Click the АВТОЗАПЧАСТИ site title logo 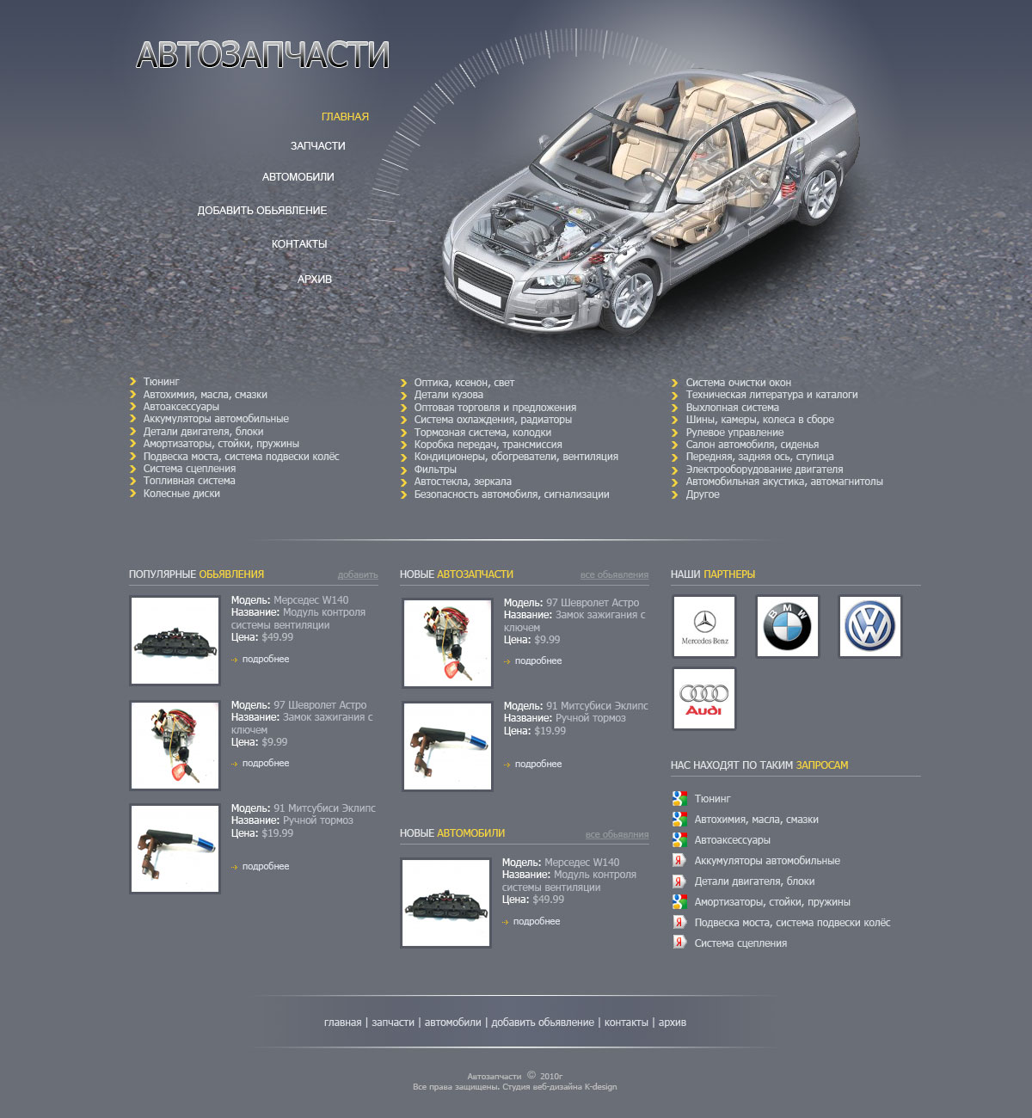click(262, 55)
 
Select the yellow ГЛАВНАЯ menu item click(345, 116)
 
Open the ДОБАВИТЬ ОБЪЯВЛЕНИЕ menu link click(261, 211)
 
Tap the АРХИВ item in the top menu click(315, 279)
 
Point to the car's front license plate click(479, 291)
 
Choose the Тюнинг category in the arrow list click(161, 382)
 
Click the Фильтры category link click(435, 470)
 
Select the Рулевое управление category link click(734, 433)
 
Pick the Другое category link click(703, 494)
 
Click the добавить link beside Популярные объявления click(358, 574)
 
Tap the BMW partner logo click(787, 627)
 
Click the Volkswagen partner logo click(869, 627)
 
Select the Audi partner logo click(704, 698)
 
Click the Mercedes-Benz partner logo click(704, 627)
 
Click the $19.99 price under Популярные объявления click(278, 833)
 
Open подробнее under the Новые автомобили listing click(537, 922)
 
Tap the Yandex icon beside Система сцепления click(679, 942)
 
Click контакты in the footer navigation click(626, 1023)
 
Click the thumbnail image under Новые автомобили click(445, 903)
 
